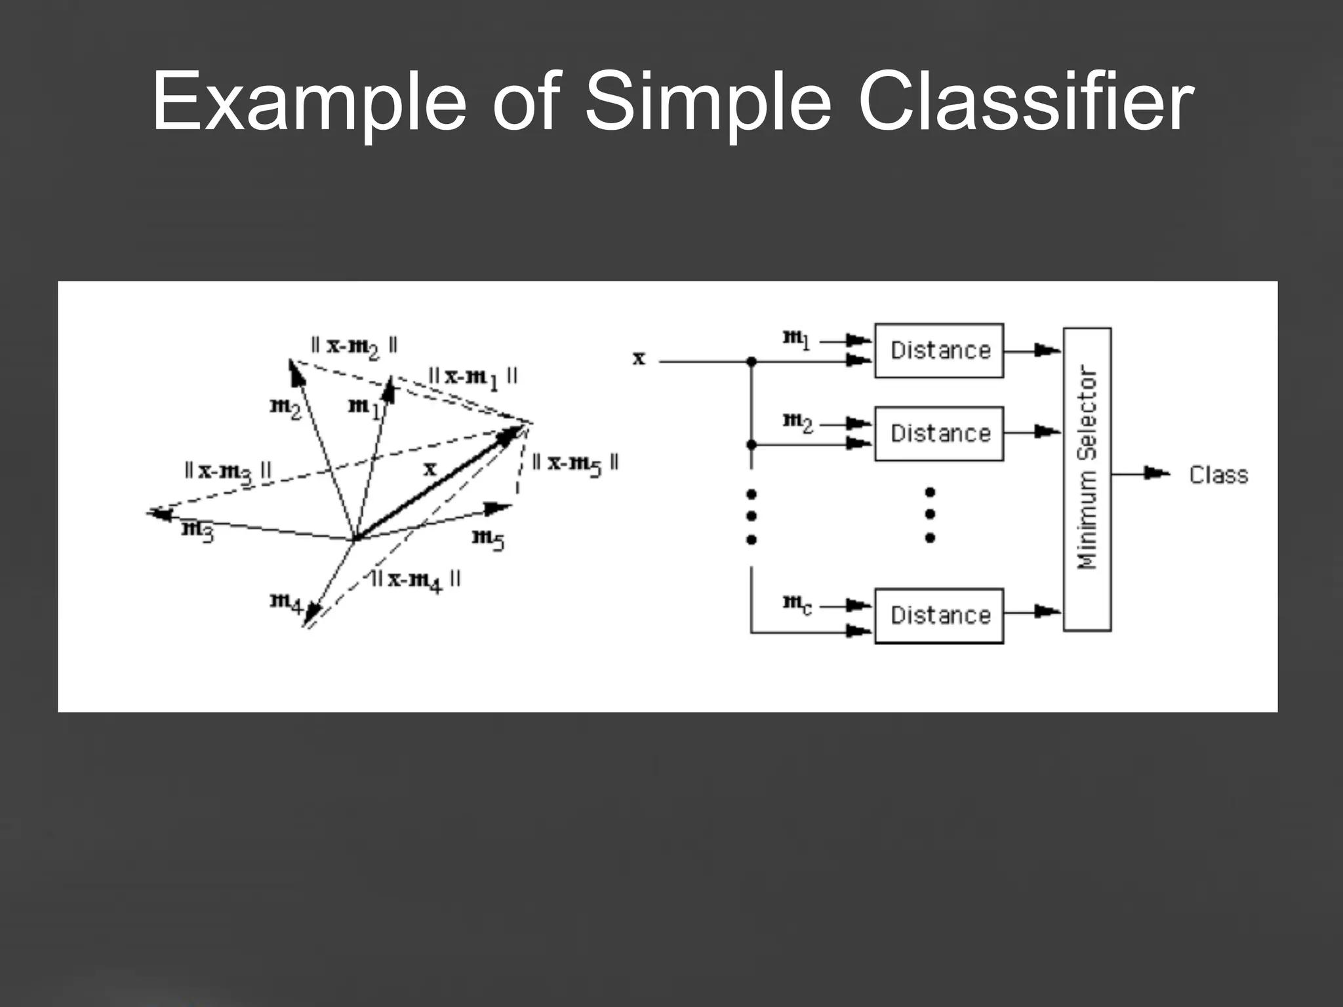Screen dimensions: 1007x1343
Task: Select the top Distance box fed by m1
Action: click(939, 350)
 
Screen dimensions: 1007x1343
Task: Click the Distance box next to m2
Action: click(939, 433)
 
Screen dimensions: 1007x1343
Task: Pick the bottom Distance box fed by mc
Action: click(939, 615)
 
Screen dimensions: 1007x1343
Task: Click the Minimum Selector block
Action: click(1087, 479)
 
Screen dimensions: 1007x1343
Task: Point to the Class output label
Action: click(1218, 475)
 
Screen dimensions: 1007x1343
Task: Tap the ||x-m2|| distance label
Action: click(354, 346)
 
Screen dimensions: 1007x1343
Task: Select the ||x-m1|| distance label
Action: click(472, 378)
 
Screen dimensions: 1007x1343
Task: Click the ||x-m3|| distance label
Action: click(228, 471)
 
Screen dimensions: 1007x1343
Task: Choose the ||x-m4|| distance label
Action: click(416, 580)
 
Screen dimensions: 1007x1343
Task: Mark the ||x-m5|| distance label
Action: click(574, 464)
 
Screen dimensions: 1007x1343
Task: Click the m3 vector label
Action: click(197, 530)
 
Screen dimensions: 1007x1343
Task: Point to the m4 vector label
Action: click(286, 602)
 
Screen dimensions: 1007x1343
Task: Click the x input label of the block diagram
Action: click(639, 359)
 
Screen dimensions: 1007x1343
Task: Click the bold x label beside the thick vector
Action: click(430, 469)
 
